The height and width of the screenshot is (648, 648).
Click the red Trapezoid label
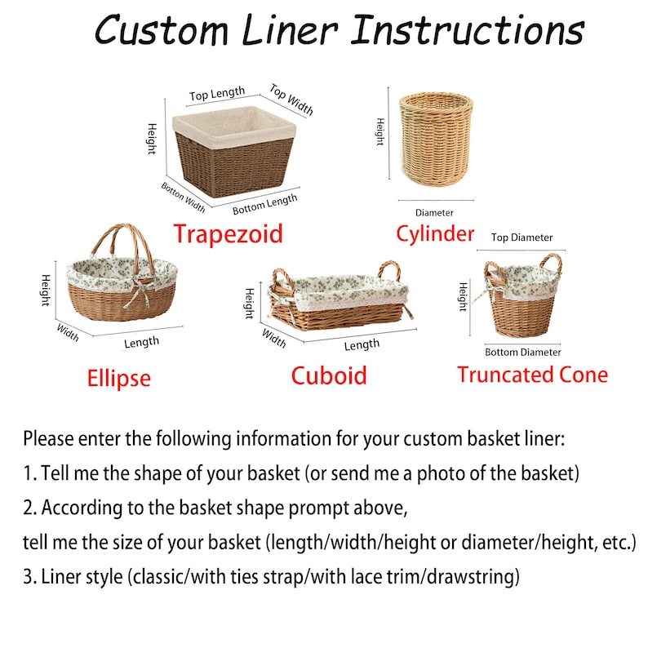(228, 234)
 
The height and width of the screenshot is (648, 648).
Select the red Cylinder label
(435, 234)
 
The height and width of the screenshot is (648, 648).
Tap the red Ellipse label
(119, 378)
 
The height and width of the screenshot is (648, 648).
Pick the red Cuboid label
(329, 375)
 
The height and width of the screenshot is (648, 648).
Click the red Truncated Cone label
(532, 375)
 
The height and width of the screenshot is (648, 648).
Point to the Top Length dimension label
(217, 95)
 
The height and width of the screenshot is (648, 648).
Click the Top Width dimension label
(291, 100)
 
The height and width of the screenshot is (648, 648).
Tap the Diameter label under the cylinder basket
(434, 213)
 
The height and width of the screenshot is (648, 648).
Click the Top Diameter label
(522, 237)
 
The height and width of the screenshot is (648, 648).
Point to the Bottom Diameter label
(523, 353)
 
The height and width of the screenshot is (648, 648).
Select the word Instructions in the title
(467, 31)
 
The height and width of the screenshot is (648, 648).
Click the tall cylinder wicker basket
(435, 140)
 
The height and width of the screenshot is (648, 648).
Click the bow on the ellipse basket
(147, 286)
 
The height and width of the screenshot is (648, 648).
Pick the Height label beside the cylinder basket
(380, 132)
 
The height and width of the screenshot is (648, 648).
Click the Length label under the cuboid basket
(361, 345)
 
